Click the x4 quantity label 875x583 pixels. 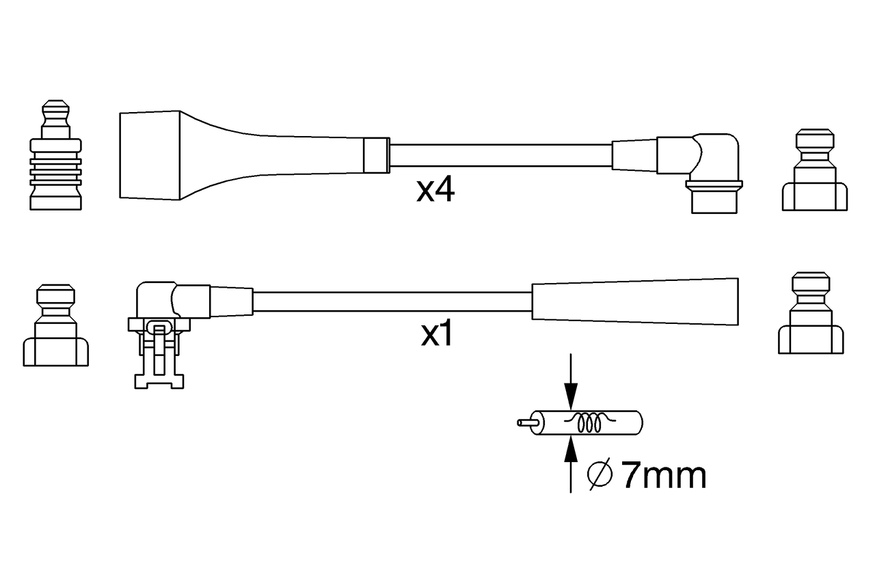435,191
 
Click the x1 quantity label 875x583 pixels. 436,335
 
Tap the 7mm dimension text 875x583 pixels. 662,476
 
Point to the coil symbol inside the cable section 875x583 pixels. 589,423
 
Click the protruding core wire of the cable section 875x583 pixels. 526,422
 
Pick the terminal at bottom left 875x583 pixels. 55,327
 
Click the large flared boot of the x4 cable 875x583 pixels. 205,156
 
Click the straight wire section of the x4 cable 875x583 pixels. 499,156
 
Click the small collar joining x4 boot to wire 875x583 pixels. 376,155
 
